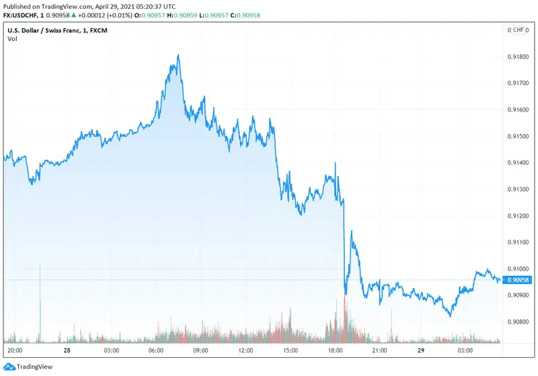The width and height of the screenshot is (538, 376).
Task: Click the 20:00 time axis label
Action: pos(15,350)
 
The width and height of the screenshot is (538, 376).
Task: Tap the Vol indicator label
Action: pos(12,39)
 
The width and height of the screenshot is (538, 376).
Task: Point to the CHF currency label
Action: pos(518,30)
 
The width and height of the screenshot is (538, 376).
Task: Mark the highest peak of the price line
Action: pos(178,55)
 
